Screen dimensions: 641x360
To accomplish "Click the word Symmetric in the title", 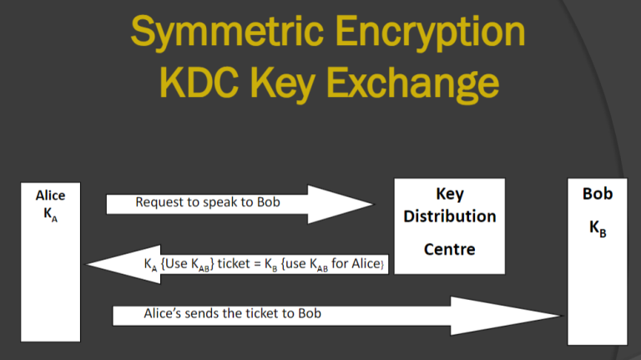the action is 227,33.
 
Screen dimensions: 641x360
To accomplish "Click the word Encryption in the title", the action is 430,33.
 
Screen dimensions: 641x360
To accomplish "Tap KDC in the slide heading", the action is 199,83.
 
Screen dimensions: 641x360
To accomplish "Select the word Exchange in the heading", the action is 412,84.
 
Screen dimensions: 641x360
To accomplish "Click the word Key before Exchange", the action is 282,84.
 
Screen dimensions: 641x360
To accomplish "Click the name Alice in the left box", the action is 50,195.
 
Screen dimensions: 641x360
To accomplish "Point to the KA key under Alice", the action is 50,215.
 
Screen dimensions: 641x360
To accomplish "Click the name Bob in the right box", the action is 598,194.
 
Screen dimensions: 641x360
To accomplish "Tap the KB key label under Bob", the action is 598,228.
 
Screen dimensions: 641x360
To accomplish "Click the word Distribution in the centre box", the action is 450,216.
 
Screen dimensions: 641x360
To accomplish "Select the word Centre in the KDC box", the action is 450,249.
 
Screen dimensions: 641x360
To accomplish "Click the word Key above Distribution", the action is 450,194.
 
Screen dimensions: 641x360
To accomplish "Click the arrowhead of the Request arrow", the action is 341,204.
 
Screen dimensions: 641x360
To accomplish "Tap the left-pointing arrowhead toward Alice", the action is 123,264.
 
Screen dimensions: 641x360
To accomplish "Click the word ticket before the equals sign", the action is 234,263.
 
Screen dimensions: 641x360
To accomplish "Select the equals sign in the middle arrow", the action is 257,264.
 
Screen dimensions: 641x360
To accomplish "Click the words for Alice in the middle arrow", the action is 356,263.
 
